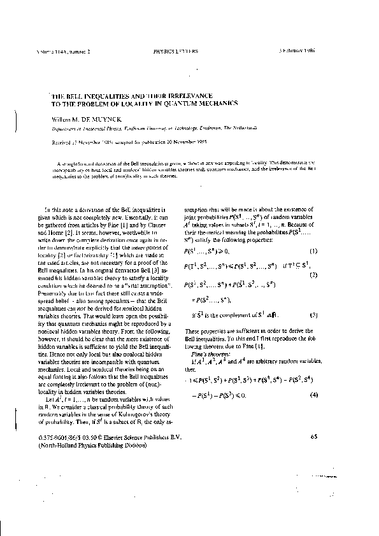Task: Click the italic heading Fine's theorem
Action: coord(206,353)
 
